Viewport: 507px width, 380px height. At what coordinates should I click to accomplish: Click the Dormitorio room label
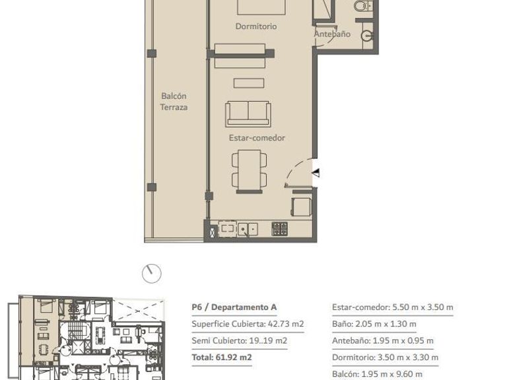coord(255,26)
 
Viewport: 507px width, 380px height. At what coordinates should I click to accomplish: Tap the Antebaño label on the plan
coord(332,34)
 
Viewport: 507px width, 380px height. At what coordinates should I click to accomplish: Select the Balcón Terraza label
coord(174,102)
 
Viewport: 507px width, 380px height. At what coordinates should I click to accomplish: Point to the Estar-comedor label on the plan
coord(257,138)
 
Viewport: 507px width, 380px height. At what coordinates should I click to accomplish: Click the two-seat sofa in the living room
coord(248,113)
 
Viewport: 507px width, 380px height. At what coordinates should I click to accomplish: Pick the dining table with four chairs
coord(250,171)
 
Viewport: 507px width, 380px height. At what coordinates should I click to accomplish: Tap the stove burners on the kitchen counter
coord(279,229)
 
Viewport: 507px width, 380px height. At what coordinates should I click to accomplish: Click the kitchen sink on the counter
coord(248,230)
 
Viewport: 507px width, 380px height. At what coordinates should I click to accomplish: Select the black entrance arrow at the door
coord(316,173)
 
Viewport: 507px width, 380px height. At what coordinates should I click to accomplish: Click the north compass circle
coord(152,273)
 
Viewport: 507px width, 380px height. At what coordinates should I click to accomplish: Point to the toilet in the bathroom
coord(363,5)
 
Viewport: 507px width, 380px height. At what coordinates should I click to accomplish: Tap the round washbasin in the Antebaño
coord(366,36)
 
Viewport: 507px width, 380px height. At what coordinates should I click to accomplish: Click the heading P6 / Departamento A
coord(234,307)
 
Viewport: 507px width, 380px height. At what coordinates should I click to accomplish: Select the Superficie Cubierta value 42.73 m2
coord(286,324)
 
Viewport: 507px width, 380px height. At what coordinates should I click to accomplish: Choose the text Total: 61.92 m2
coord(222,358)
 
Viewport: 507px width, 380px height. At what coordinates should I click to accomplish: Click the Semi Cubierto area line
coord(239,340)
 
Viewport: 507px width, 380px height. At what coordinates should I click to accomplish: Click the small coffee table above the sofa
coord(249,83)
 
